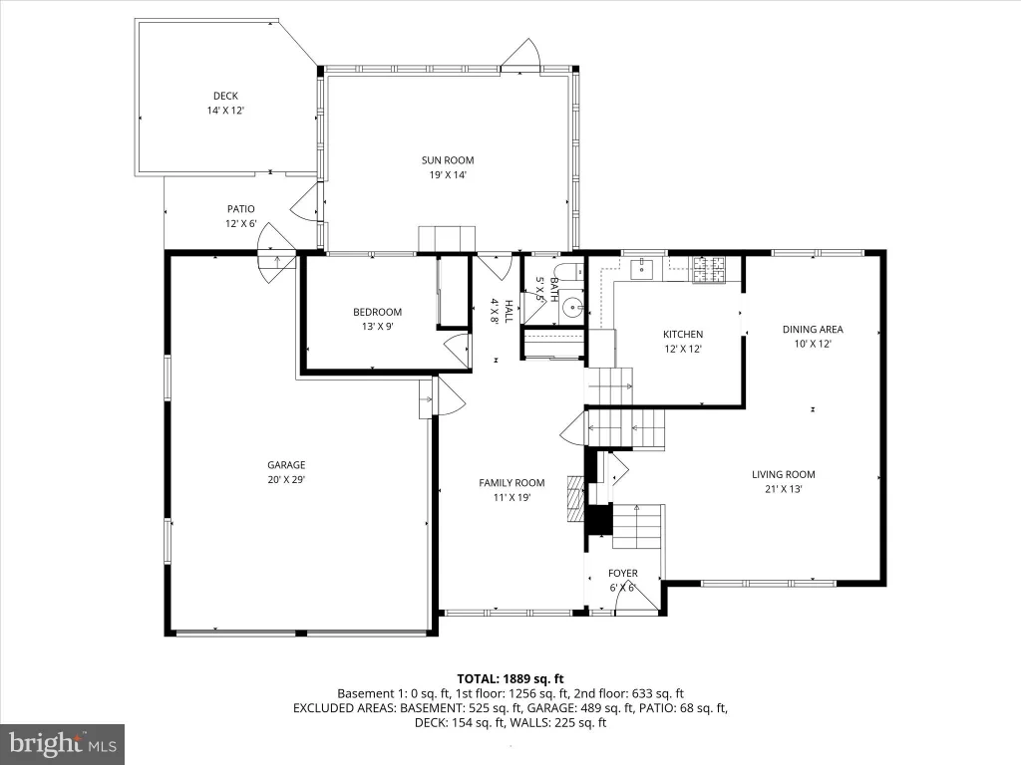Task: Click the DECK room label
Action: point(225,97)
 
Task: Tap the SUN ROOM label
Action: point(448,160)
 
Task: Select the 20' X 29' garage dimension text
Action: point(286,479)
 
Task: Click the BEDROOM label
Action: point(378,312)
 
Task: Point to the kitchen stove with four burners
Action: point(709,270)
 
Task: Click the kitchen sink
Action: point(641,267)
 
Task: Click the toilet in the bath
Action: point(570,272)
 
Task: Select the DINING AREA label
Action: point(813,329)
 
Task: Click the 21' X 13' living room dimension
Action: point(784,489)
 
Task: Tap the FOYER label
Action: point(623,573)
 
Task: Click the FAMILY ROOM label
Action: point(511,483)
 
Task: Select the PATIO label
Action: point(241,209)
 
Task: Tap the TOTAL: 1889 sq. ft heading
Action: point(510,679)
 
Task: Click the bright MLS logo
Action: point(62,743)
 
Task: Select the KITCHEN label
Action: point(683,335)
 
